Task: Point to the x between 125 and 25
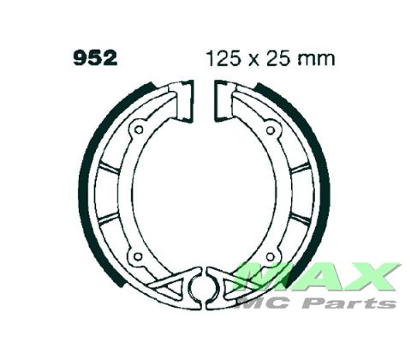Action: (x=251, y=61)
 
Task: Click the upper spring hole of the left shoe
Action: (x=137, y=131)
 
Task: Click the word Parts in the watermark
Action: (x=364, y=301)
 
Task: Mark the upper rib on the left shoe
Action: (x=109, y=161)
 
